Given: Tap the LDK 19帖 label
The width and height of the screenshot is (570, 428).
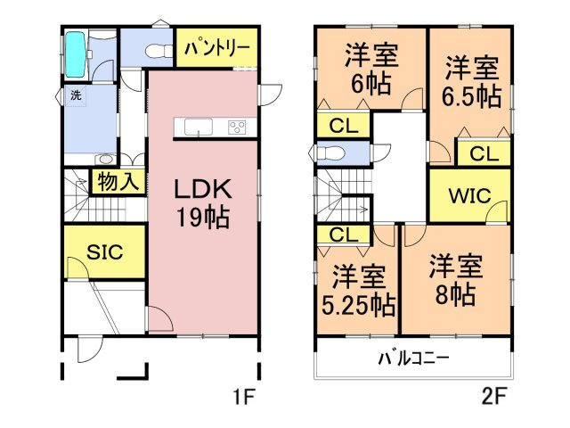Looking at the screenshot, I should [x=202, y=202].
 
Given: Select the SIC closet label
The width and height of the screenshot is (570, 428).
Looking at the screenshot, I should [x=103, y=253].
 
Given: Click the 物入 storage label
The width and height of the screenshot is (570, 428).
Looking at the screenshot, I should [x=116, y=182].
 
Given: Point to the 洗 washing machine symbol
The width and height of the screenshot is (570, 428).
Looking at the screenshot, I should [x=76, y=95].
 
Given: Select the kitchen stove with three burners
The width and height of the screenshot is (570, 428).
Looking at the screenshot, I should [x=238, y=126].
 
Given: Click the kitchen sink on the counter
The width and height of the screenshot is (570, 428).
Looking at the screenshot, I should [x=198, y=126].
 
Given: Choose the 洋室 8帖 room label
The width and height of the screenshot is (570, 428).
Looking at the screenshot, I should [x=455, y=280].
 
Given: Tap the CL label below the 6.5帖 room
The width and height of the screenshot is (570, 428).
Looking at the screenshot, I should [x=484, y=153].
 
